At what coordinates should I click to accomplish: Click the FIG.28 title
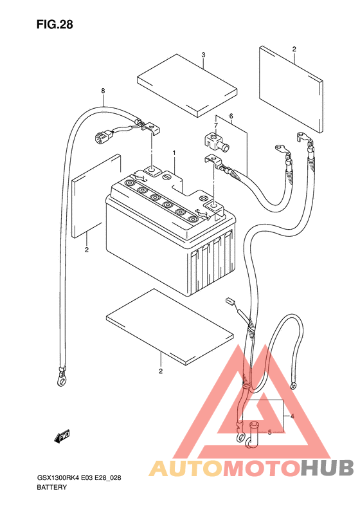(x=55, y=24)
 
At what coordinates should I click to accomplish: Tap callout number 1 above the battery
(x=174, y=153)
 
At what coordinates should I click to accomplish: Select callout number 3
(x=203, y=55)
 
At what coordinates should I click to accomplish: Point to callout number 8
(x=103, y=91)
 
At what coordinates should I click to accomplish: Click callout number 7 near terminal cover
(x=216, y=125)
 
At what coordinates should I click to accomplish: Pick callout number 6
(x=231, y=116)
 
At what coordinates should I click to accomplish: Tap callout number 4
(x=292, y=416)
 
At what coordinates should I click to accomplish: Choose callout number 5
(x=269, y=432)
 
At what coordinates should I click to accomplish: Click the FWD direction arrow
(x=62, y=437)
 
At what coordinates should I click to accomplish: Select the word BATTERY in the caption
(x=52, y=487)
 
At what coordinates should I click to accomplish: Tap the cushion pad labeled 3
(x=187, y=85)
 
